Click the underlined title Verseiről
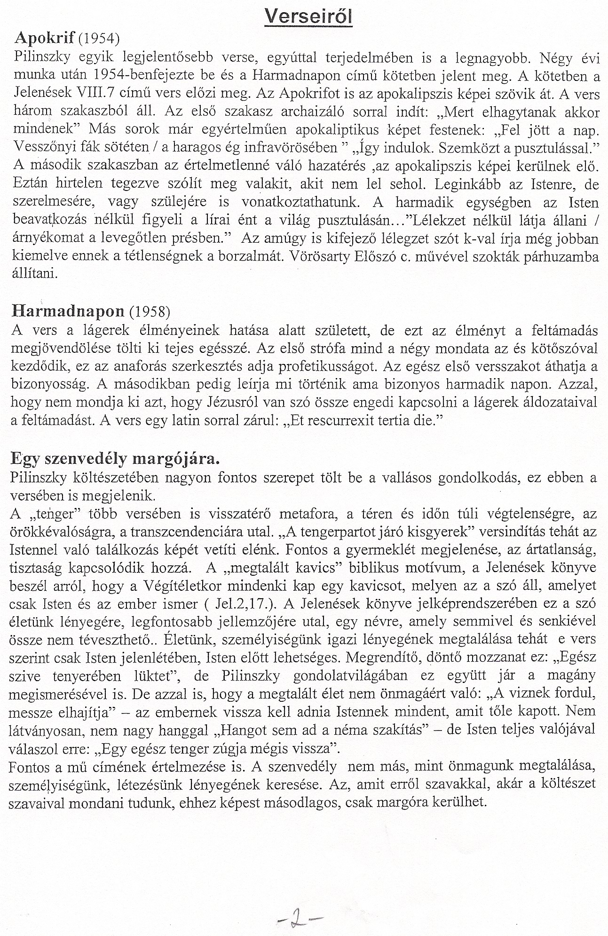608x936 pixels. click(308, 18)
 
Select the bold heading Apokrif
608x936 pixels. click(46, 39)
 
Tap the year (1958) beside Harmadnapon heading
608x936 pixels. click(149, 311)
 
